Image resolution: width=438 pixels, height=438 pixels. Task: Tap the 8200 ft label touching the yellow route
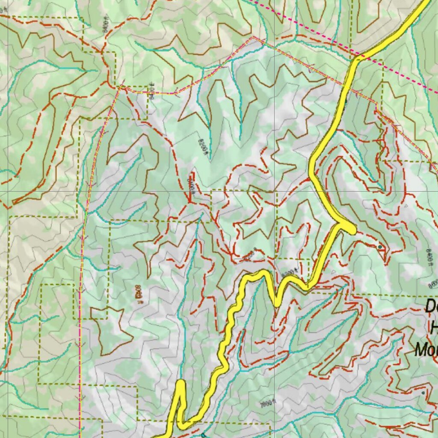tap(288, 272)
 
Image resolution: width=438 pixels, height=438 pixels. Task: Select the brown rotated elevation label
tap(138, 295)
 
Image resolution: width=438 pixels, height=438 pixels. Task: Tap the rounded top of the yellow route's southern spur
tap(181, 384)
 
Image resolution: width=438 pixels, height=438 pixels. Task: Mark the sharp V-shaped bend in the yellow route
tap(277, 302)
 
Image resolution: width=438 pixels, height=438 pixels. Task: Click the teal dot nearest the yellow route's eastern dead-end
tap(380, 247)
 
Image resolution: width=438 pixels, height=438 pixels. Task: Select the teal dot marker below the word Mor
tap(423, 392)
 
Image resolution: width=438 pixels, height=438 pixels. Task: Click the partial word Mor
tap(426, 349)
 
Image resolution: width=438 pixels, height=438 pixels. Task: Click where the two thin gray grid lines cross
tap(274, 191)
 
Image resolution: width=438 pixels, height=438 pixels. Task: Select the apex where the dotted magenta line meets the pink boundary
tap(253, 37)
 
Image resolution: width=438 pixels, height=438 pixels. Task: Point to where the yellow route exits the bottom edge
tap(159, 436)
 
